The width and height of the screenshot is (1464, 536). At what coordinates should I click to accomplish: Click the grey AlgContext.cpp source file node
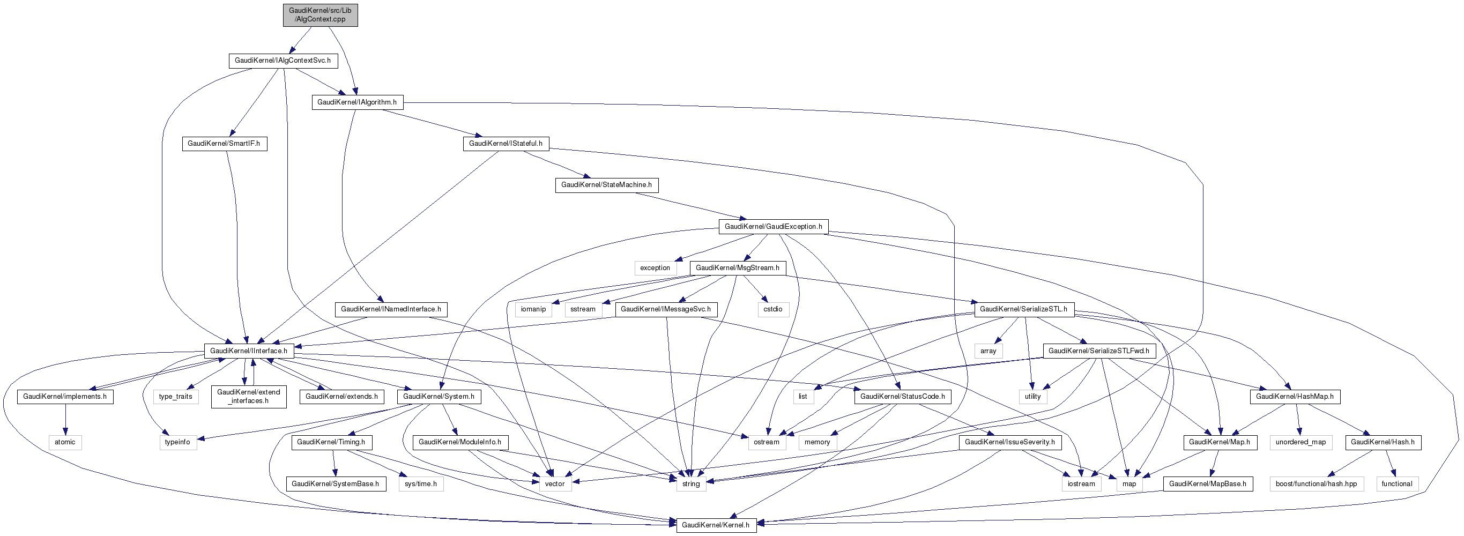click(x=321, y=15)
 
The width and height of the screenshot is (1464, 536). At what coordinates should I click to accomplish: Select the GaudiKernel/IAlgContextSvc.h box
click(x=283, y=61)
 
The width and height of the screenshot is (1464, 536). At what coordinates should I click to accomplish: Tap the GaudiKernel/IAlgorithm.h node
click(x=357, y=102)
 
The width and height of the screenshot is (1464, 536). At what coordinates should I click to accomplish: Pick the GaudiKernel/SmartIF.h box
click(x=224, y=144)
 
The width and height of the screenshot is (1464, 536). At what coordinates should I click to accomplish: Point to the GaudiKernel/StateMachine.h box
click(x=606, y=185)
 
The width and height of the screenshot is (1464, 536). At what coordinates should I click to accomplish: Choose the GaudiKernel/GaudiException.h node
click(x=773, y=227)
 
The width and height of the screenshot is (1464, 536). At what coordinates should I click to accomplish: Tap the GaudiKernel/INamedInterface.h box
click(x=391, y=310)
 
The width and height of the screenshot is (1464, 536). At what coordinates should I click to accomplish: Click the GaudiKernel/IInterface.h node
click(x=249, y=351)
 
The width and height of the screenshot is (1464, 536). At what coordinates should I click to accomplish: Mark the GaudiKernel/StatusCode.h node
click(x=903, y=397)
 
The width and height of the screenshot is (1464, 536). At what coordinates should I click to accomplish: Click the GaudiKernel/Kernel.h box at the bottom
click(x=716, y=525)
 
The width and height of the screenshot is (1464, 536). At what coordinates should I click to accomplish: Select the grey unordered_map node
click(x=1300, y=442)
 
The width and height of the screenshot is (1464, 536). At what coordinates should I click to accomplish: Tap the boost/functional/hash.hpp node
click(x=1316, y=484)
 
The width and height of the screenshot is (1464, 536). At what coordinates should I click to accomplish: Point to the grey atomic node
click(x=65, y=442)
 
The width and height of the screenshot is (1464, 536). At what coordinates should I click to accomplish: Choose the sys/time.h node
click(x=421, y=484)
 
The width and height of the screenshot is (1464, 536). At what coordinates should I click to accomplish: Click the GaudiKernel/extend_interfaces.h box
click(x=248, y=397)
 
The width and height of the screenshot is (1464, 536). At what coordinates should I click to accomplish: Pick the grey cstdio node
click(x=773, y=310)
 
